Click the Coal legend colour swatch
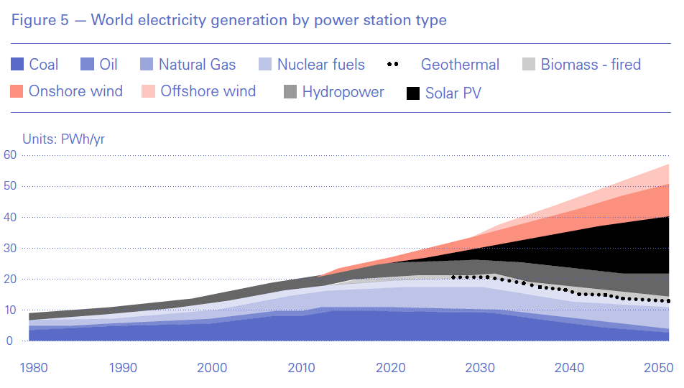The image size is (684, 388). (x=18, y=65)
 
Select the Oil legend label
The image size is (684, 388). (x=108, y=65)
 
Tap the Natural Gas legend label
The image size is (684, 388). (x=197, y=65)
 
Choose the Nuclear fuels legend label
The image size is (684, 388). (x=321, y=65)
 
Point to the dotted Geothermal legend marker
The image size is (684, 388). (x=392, y=65)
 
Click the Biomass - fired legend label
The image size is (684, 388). (x=591, y=65)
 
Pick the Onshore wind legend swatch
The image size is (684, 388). (x=18, y=91)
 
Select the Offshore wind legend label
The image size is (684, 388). (x=208, y=91)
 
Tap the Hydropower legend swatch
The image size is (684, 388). (x=291, y=92)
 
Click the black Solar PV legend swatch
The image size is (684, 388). (x=414, y=93)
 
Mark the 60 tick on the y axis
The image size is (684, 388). (x=10, y=154)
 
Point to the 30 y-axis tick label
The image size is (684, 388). (x=10, y=248)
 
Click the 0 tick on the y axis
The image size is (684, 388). (x=10, y=341)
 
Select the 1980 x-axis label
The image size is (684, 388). (x=33, y=368)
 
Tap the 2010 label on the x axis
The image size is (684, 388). (x=301, y=368)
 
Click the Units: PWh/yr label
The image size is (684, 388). (x=63, y=139)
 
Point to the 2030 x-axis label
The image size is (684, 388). (x=480, y=368)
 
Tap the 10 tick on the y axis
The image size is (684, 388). (x=10, y=310)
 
